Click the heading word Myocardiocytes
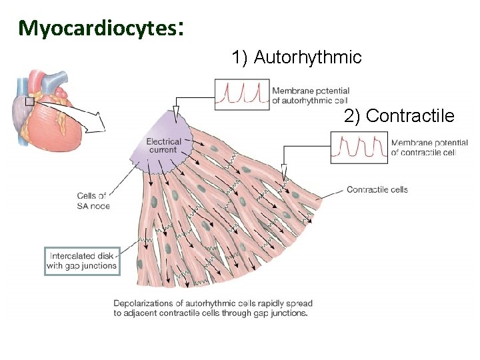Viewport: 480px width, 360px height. [x=97, y=28]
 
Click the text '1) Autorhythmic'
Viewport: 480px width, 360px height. [x=296, y=58]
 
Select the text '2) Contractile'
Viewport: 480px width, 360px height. [x=399, y=117]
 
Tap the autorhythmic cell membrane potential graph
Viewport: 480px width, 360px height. [x=241, y=94]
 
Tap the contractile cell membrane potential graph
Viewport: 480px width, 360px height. [x=359, y=147]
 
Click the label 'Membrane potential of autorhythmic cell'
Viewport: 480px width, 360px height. [x=311, y=96]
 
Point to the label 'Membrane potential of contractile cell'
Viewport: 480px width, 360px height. [x=429, y=147]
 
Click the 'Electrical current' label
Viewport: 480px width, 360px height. [x=163, y=145]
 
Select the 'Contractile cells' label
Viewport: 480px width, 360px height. [x=377, y=189]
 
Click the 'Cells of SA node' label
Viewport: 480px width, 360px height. [x=93, y=201]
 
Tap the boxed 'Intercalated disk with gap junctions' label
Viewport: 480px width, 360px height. [x=81, y=261]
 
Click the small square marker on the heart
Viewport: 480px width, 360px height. [x=29, y=101]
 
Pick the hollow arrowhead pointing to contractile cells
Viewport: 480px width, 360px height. [x=285, y=173]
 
